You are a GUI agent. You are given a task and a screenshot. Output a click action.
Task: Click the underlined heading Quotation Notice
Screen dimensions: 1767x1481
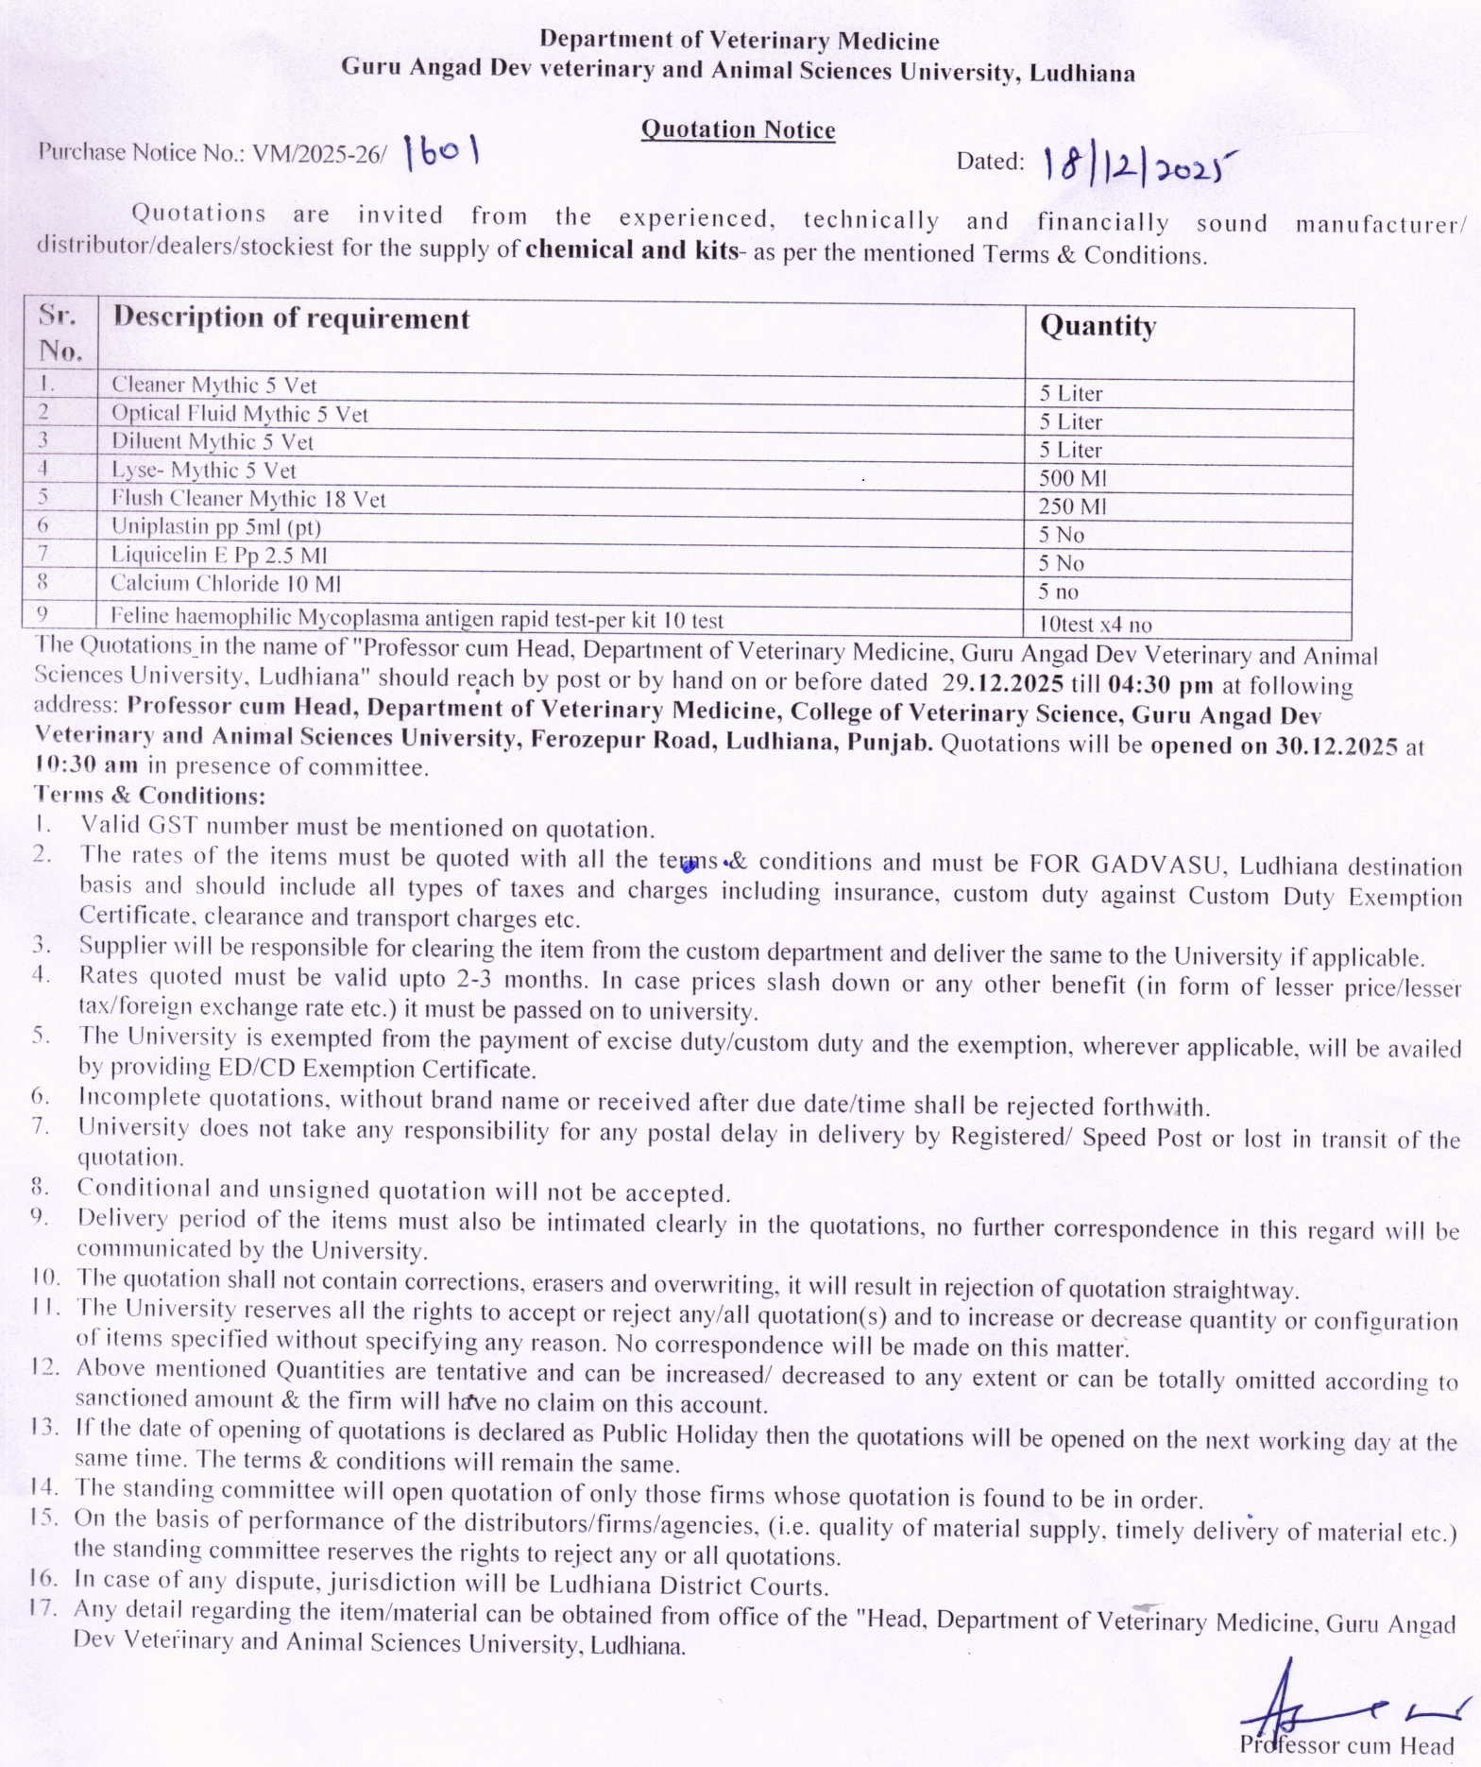738,129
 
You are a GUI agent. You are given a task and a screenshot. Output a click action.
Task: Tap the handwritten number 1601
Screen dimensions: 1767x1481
441,151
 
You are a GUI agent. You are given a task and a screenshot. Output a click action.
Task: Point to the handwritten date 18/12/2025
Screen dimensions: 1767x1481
1138,164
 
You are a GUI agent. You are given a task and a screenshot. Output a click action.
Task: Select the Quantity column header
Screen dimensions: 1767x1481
1098,326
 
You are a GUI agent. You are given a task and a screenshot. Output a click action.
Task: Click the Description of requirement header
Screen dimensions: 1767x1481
291,318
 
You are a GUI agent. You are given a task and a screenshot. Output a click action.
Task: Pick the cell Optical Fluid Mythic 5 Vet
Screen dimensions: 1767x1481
239,414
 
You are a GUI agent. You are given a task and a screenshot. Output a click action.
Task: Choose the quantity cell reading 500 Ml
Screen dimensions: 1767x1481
1072,478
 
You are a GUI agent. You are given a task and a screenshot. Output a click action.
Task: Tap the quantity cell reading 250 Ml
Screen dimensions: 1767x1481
1072,506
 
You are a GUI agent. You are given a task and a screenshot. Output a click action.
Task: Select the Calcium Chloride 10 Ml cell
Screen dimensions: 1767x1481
225,584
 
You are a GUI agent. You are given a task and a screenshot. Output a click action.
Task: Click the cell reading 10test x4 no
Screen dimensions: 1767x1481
1094,625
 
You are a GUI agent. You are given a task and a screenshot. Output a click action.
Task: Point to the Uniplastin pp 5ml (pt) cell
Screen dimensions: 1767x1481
215,527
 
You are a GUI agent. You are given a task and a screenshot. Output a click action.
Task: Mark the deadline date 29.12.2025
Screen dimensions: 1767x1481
1002,683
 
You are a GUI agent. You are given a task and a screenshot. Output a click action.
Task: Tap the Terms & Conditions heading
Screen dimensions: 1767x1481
149,795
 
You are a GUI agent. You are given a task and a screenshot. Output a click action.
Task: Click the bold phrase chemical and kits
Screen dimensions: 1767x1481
631,250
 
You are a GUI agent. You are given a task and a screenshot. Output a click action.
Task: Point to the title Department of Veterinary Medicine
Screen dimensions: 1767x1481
739,41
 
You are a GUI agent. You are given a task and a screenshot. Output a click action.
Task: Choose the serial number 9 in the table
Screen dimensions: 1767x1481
43,614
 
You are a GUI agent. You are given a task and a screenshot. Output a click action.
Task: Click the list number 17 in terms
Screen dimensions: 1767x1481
44,1607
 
